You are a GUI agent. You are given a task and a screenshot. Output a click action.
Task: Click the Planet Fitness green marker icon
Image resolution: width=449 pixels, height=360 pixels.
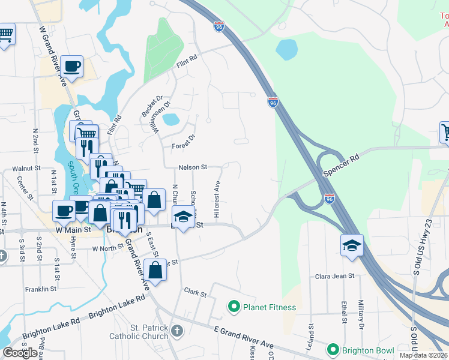tap(234, 307)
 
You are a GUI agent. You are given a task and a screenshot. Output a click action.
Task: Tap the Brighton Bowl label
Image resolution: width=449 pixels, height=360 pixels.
tap(367, 350)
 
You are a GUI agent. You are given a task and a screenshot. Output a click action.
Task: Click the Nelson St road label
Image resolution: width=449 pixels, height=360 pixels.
tap(192, 167)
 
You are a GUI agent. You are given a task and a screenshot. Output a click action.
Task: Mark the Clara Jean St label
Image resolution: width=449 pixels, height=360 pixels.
tap(335, 276)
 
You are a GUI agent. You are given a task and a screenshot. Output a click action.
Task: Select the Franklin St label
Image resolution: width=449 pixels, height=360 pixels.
tap(41, 289)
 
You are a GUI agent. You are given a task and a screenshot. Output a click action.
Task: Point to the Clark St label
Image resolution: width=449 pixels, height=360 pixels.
tap(195, 294)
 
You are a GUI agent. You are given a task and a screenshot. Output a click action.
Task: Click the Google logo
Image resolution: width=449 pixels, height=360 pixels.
tap(20, 353)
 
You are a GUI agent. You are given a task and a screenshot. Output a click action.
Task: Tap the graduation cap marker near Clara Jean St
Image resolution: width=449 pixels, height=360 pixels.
tap(352, 246)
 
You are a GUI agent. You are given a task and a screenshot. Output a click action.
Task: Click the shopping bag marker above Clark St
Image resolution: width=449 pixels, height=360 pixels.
tap(155, 270)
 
